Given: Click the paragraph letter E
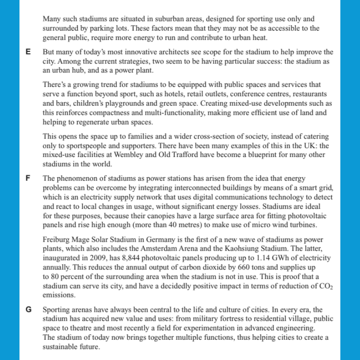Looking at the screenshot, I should pyautogui.click(x=28, y=52).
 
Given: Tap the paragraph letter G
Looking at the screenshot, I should pyautogui.click(x=28, y=310).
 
